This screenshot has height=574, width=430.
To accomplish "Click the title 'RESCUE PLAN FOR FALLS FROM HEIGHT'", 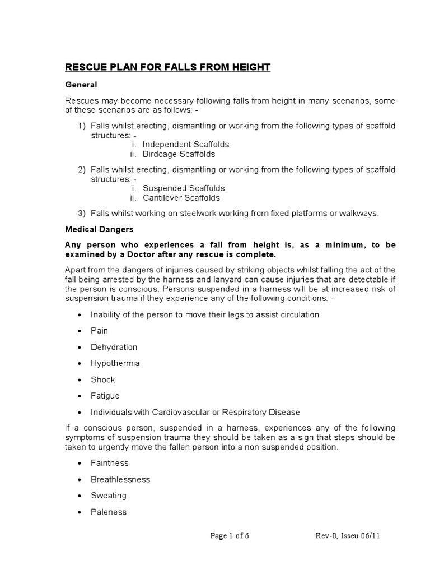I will click(x=167, y=67).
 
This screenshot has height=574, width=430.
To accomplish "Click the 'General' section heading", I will click(x=81, y=85).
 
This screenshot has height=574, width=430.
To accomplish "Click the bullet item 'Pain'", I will click(x=100, y=331).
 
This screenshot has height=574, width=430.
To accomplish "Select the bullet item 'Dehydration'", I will click(x=114, y=347).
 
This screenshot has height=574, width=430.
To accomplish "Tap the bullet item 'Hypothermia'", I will click(x=115, y=363).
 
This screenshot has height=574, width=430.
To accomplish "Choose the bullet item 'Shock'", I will click(x=103, y=379).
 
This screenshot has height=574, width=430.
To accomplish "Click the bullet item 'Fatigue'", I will click(x=105, y=396).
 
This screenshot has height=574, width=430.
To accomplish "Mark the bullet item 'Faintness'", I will click(x=110, y=463).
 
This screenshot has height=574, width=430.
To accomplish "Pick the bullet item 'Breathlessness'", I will click(x=120, y=479).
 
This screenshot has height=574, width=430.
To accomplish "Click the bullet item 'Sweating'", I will click(x=109, y=496).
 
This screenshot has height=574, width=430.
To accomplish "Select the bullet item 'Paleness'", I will click(x=109, y=512).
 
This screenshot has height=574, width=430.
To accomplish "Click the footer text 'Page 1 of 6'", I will click(x=230, y=535).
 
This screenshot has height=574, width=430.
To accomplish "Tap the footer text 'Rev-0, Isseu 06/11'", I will click(x=347, y=535).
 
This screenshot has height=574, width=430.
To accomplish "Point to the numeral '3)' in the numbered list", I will click(x=82, y=213).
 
